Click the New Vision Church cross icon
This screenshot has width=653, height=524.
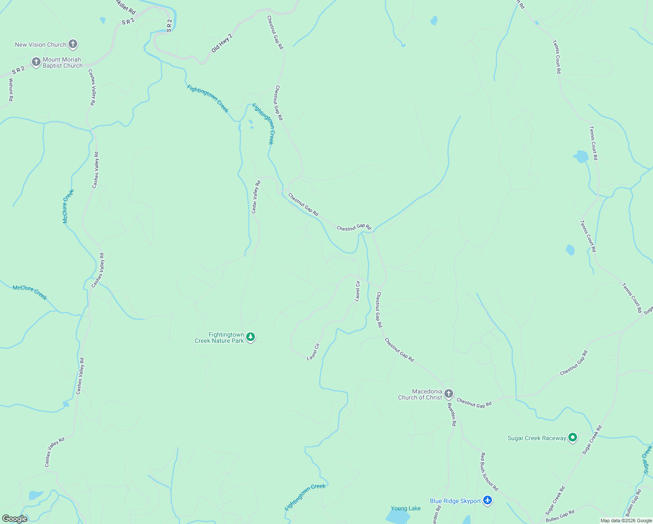pyautogui.click(x=73, y=44)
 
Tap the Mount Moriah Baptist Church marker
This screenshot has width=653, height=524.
pyautogui.click(x=36, y=62)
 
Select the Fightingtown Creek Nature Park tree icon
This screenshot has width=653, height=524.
pyautogui.click(x=250, y=337)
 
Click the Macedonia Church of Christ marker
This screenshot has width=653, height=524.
pyautogui.click(x=449, y=394)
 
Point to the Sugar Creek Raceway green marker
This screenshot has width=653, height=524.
pyautogui.click(x=573, y=438)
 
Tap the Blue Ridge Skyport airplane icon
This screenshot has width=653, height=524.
pyautogui.click(x=488, y=501)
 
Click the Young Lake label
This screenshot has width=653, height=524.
pyautogui.click(x=406, y=508)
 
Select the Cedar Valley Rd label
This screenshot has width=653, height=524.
pyautogui.click(x=256, y=197)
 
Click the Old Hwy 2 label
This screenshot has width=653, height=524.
pyautogui.click(x=222, y=43)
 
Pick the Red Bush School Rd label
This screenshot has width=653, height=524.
pyautogui.click(x=489, y=472)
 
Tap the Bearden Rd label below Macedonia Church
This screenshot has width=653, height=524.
pyautogui.click(x=452, y=414)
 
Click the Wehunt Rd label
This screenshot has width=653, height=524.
pyautogui.click(x=10, y=90)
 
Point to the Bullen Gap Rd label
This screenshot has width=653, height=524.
pyautogui.click(x=560, y=516)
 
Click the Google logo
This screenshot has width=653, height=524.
pyautogui.click(x=15, y=518)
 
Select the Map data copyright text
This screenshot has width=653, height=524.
pyautogui.click(x=626, y=521)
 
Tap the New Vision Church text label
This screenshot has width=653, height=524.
pyautogui.click(x=40, y=45)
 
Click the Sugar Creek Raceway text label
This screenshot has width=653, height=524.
pyautogui.click(x=536, y=438)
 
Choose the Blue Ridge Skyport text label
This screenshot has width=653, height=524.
pyautogui.click(x=455, y=501)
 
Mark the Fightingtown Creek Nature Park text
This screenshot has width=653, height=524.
pyautogui.click(x=219, y=338)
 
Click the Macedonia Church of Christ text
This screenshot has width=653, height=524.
pyautogui.click(x=420, y=394)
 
